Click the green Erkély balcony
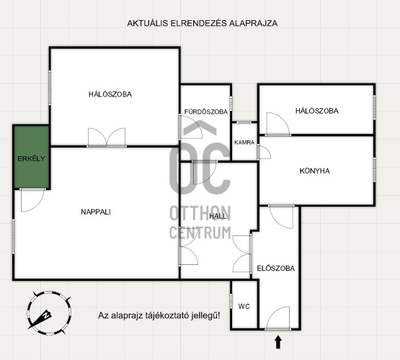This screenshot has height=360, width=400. click(32, 157)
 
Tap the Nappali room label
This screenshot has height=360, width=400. click(96, 212)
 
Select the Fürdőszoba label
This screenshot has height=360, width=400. click(206, 112)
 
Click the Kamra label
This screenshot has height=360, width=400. click(244, 143)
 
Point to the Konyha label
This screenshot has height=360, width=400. click(314, 171)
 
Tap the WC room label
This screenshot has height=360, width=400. click(244, 306)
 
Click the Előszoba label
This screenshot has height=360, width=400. click(276, 268)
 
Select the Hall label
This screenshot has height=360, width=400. click(218, 216)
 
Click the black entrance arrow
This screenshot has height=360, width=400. click(278, 342)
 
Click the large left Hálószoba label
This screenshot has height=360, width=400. click(110, 94)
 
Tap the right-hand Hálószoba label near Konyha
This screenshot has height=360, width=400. click(317, 111)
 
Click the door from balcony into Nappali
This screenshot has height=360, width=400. click(32, 200)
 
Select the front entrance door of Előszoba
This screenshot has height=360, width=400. click(277, 318)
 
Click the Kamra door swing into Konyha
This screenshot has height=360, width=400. click(264, 152)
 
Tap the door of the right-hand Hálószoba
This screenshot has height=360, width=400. click(278, 124)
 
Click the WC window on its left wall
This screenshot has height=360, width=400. click(231, 301)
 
